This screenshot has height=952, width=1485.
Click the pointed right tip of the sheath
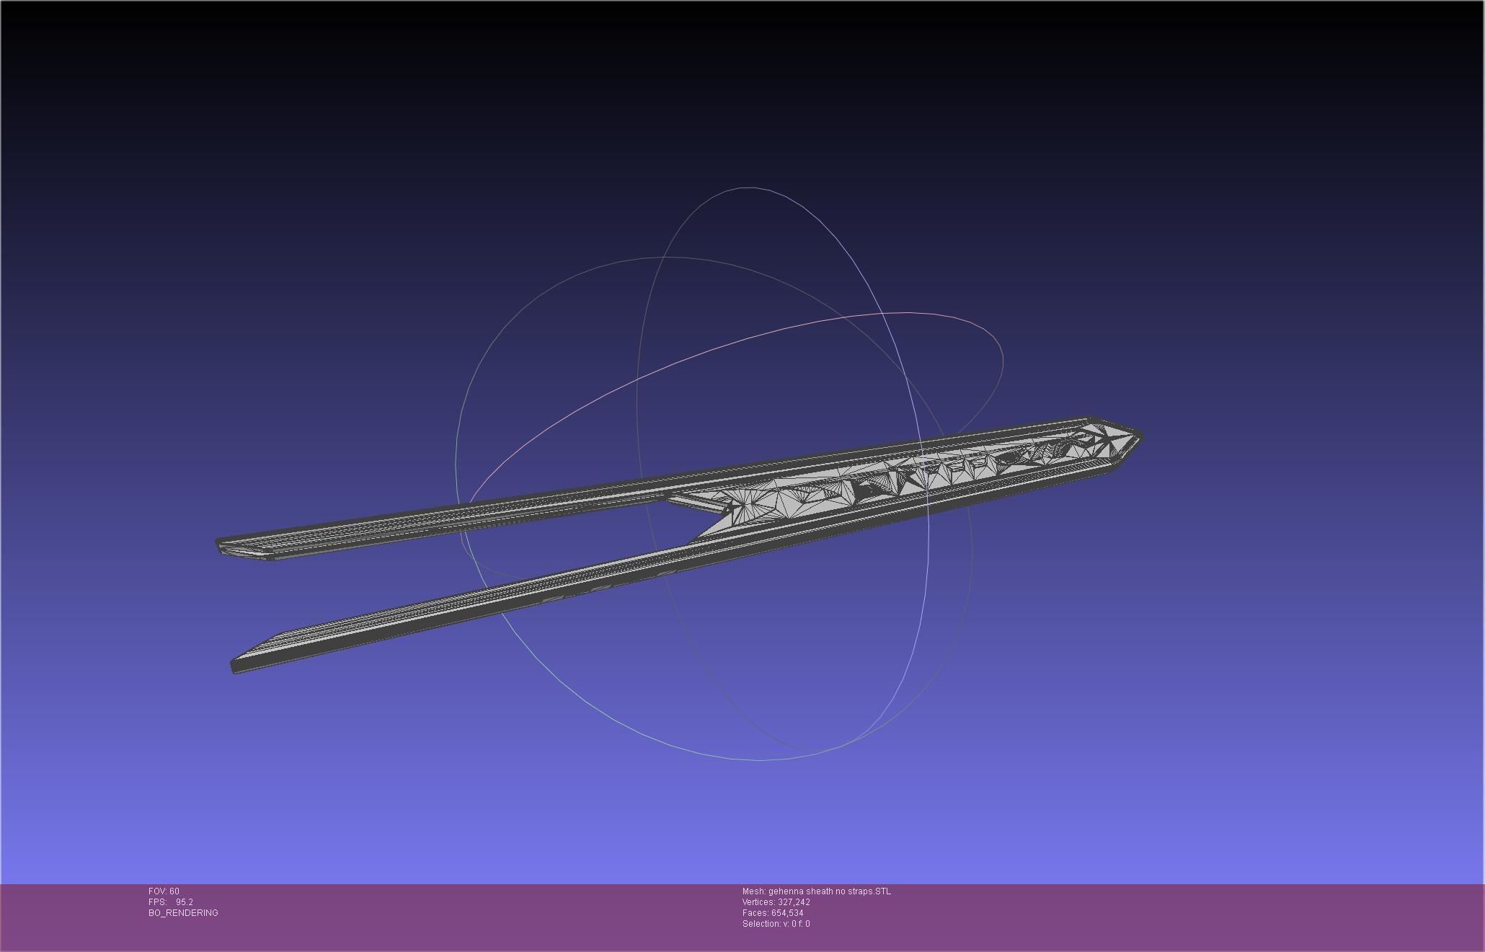click(x=1140, y=436)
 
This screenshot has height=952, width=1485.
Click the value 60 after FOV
click(x=174, y=891)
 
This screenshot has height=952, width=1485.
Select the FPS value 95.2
click(x=185, y=902)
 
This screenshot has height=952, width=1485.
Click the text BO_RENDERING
click(x=183, y=913)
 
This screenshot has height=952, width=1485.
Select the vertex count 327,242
click(x=794, y=902)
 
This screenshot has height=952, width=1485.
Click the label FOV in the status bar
click(x=156, y=891)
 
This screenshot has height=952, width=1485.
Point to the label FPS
click(x=156, y=902)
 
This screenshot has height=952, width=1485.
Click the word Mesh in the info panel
click(x=753, y=891)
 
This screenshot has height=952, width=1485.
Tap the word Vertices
click(x=758, y=902)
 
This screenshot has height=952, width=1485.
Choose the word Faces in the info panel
click(x=755, y=913)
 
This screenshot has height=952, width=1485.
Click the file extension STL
click(x=882, y=891)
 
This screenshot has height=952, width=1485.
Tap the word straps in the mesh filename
click(x=860, y=891)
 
